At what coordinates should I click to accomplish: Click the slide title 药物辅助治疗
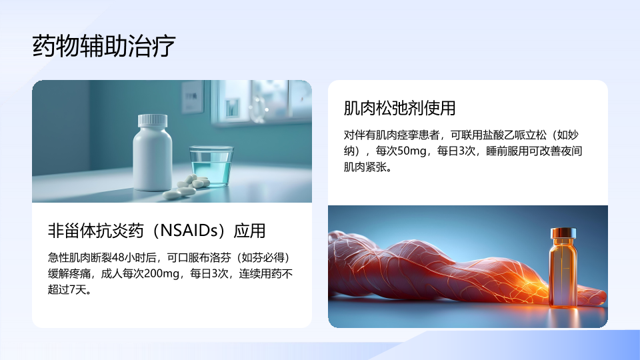(x=104, y=45)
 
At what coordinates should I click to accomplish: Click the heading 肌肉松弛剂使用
(x=399, y=108)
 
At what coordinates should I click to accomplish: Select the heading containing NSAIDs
(x=157, y=231)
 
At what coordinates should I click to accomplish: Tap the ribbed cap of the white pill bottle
(x=153, y=121)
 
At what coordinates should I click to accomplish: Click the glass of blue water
(x=211, y=166)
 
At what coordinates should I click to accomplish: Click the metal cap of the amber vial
(x=563, y=233)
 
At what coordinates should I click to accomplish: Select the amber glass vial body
(x=563, y=273)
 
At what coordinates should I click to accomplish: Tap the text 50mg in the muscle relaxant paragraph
(x=412, y=151)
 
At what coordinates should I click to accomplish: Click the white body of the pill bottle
(x=153, y=159)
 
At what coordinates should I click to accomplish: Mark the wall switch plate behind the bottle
(x=192, y=97)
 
